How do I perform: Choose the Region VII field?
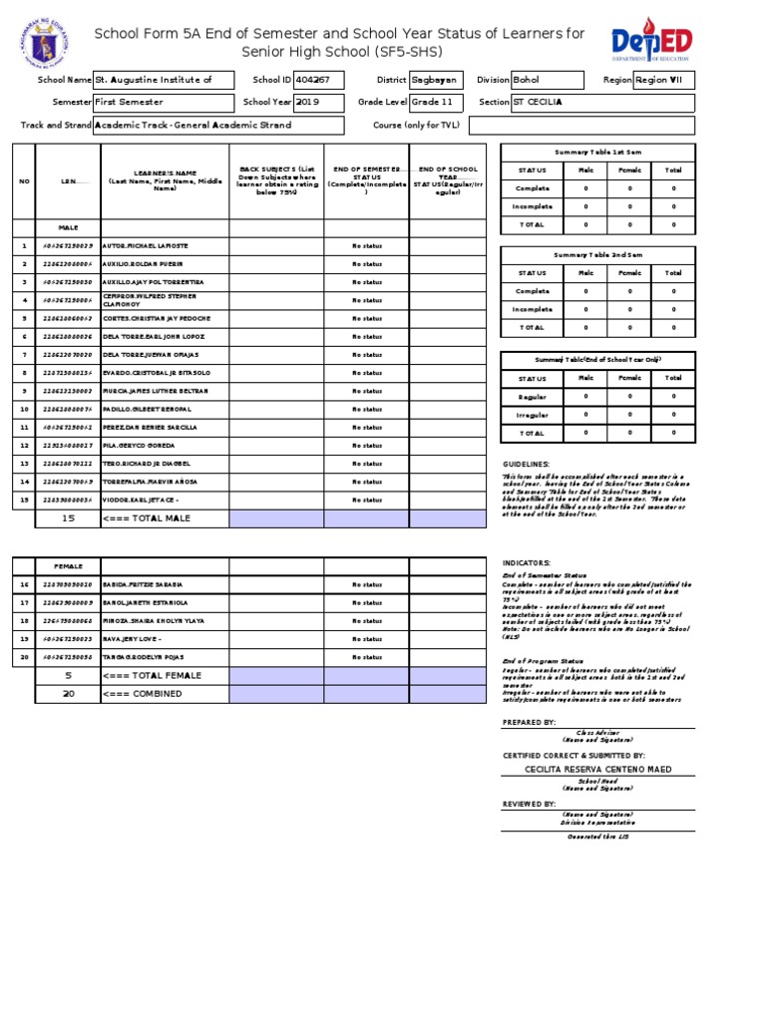coord(663,80)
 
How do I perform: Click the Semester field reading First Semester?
coord(164,103)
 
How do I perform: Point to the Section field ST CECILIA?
coord(601,103)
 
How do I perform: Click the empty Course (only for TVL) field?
coord(580,126)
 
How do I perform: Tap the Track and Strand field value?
coord(218,126)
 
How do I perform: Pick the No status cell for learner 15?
coord(366,501)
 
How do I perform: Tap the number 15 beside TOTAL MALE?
coord(68,518)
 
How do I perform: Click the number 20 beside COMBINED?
coord(68,693)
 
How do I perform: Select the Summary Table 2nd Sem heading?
coord(598,255)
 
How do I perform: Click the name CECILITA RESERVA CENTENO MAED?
coord(597,770)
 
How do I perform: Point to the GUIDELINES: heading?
coord(526,465)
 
